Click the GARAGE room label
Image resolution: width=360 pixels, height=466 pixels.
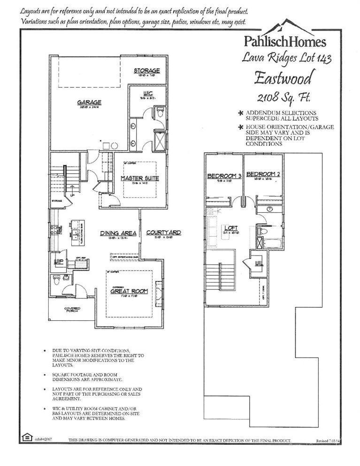[89, 102]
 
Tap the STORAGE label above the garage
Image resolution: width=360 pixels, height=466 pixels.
[146, 71]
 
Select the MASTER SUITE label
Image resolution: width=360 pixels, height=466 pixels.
[140, 178]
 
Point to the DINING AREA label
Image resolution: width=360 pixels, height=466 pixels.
[118, 233]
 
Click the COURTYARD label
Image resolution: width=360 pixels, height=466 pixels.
[163, 233]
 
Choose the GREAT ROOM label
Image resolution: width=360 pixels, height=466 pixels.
[129, 291]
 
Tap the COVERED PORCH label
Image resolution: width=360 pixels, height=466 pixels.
[72, 310]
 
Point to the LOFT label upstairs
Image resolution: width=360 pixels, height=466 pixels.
[230, 228]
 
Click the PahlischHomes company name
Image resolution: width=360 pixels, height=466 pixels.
[284, 41]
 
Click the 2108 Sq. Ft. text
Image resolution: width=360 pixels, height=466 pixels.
[284, 97]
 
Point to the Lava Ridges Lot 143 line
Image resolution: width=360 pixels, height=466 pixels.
[287, 58]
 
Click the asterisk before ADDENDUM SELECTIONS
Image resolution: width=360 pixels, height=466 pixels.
[241, 113]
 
